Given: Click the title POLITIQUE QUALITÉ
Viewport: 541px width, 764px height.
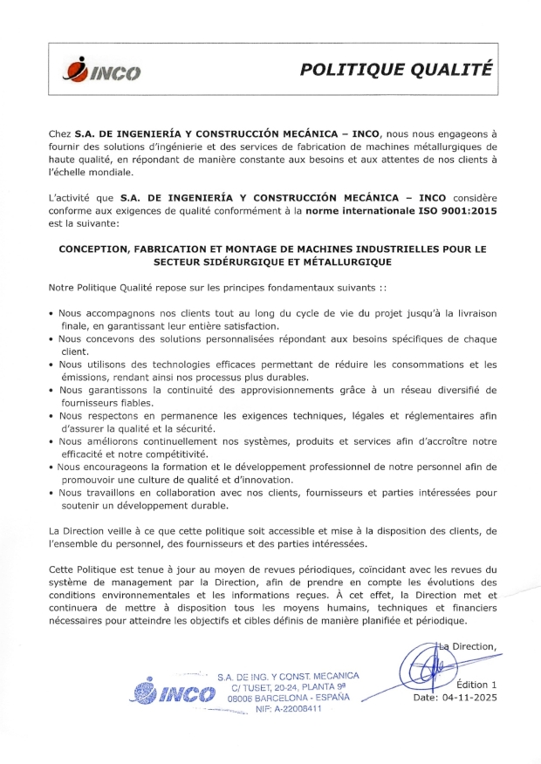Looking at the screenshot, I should click(395, 70).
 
